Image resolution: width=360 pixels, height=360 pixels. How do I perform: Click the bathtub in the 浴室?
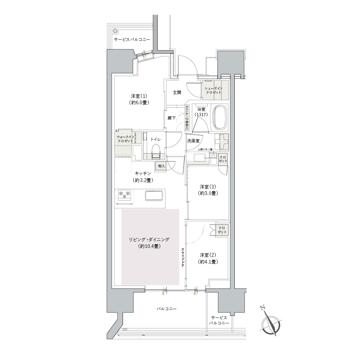click(220, 117)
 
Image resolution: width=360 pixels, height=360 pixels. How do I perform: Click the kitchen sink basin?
click(154, 196)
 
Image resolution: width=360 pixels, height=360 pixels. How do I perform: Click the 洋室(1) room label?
click(139, 99)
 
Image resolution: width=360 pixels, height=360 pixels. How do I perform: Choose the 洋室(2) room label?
click(208, 258)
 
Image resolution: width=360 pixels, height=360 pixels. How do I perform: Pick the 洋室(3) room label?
click(208, 190)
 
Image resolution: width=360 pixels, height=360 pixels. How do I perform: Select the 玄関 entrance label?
click(177, 92)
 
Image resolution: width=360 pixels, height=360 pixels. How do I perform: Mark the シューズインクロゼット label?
click(214, 90)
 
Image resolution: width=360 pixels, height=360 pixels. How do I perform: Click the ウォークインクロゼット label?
click(125, 139)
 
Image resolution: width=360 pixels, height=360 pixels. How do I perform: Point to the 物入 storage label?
click(161, 166)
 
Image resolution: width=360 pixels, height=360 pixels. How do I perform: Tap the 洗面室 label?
click(193, 141)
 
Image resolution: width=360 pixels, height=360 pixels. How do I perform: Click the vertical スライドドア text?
click(183, 257)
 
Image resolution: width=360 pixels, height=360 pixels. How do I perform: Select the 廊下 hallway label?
click(172, 118)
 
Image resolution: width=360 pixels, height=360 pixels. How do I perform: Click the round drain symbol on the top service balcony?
click(115, 31)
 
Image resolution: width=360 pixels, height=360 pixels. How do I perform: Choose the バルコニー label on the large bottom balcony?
click(167, 309)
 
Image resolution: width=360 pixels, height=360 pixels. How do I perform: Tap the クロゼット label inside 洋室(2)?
click(222, 230)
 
